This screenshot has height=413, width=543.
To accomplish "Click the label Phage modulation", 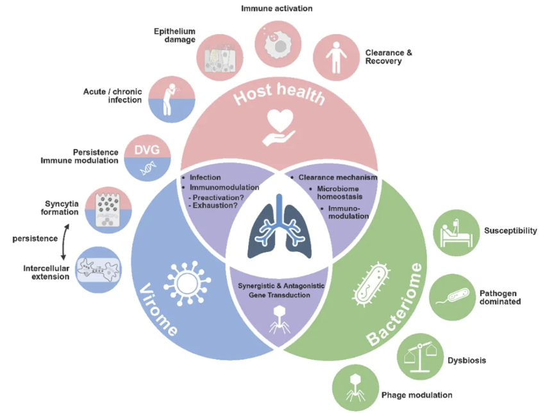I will (417, 395).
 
